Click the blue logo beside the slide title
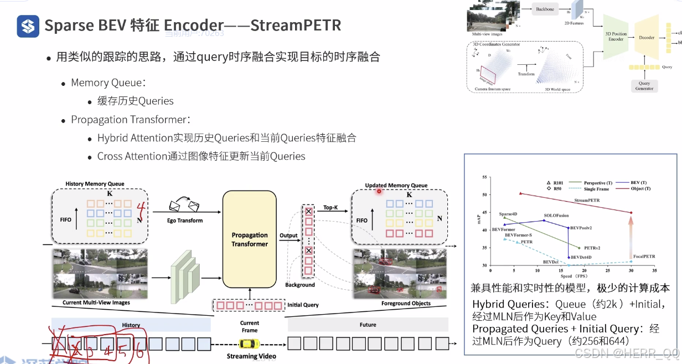[28, 25]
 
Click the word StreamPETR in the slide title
[296, 25]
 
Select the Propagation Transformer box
[249, 239]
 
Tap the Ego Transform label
[185, 221]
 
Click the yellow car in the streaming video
[249, 344]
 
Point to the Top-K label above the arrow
[330, 208]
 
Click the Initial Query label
[303, 305]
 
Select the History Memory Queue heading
[95, 184]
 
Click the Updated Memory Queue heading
[396, 186]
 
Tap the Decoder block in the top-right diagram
[646, 38]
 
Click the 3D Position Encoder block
[616, 37]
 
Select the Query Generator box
[644, 86]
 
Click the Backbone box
[546, 9]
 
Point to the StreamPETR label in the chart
[587, 200]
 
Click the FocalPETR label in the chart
[644, 257]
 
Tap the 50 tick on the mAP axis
[485, 195]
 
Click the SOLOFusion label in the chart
[556, 215]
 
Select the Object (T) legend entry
[638, 189]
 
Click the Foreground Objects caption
[406, 304]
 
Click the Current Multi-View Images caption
[96, 303]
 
